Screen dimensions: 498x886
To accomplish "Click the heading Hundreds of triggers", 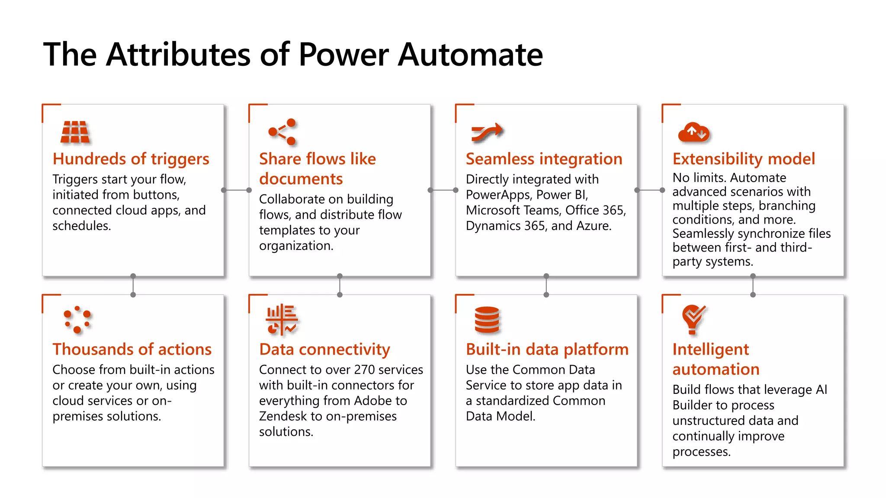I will (131, 159).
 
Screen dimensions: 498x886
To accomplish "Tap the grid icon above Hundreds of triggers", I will (75, 132).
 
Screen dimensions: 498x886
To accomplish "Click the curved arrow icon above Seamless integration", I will (487, 132).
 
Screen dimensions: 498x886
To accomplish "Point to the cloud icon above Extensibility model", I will (693, 132).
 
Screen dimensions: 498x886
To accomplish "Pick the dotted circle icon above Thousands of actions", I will (77, 319).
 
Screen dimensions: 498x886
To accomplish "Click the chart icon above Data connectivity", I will (282, 320).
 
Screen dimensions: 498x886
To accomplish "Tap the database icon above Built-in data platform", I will (487, 320).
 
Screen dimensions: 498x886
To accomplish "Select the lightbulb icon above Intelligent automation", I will (693, 319).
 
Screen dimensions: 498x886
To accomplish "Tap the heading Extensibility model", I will (743, 159).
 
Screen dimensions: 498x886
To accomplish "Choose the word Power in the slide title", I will (343, 55).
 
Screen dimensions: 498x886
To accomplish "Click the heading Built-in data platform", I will (547, 349).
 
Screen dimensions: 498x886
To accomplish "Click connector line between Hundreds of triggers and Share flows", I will (236, 190).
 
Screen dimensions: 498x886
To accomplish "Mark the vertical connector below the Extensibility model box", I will (753, 285).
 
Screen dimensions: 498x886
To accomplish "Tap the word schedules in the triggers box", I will (81, 226).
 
